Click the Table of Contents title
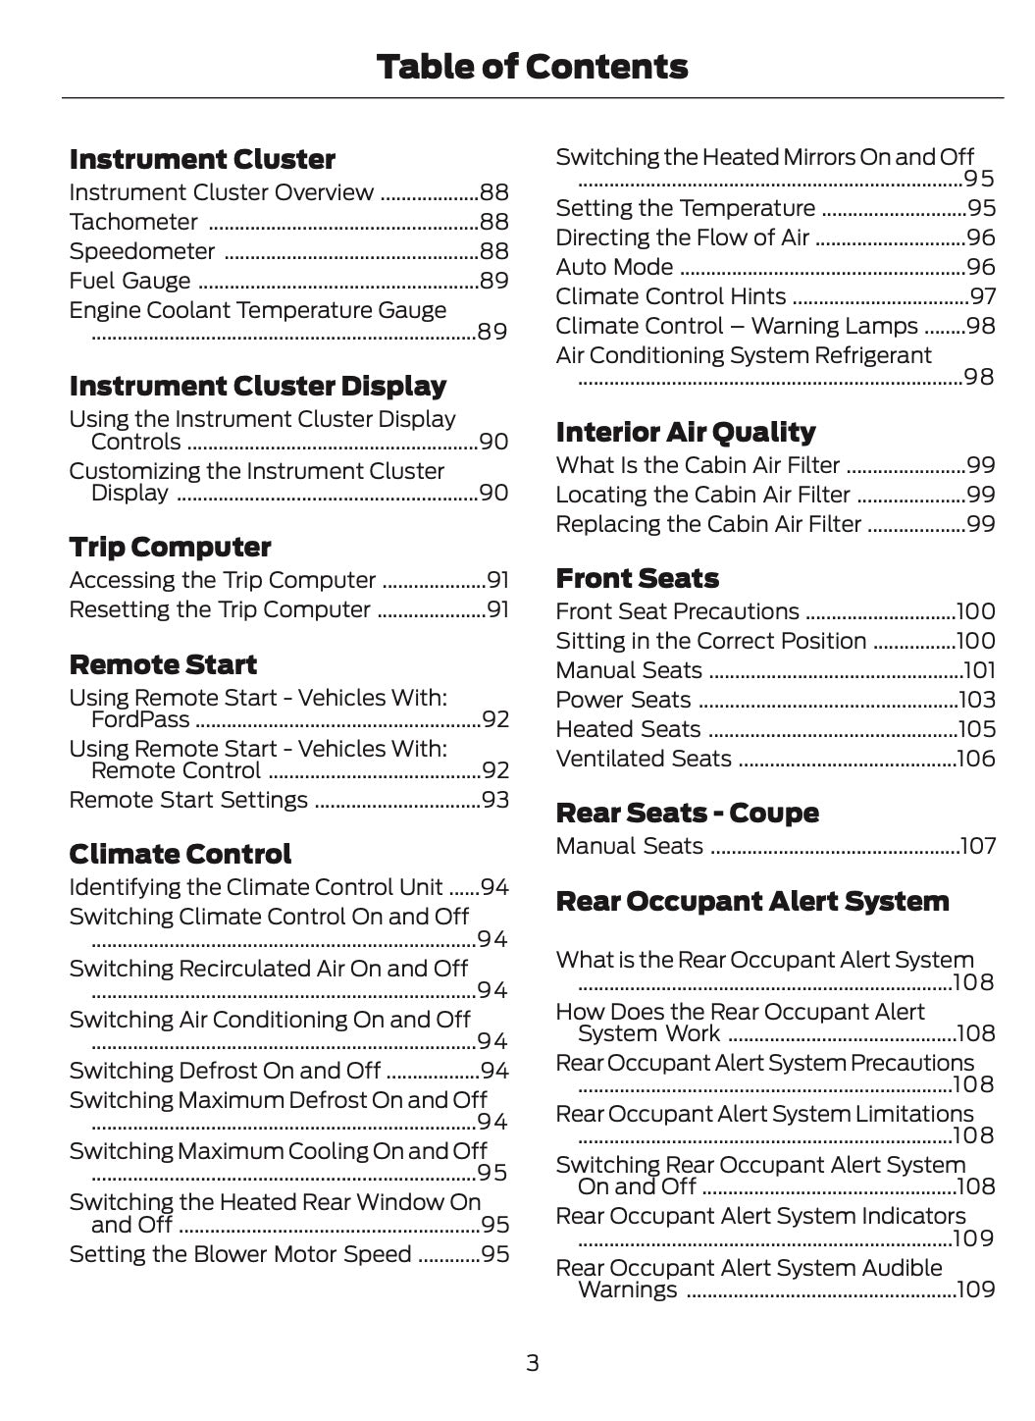(532, 67)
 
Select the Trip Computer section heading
(170, 547)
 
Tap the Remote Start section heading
(163, 664)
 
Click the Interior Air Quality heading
(685, 432)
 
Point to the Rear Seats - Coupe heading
(687, 813)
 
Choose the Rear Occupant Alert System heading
(751, 901)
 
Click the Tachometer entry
(133, 222)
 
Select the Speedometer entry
(142, 251)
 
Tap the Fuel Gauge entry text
(129, 281)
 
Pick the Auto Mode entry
(614, 267)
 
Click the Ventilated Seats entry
(644, 759)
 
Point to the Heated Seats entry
(628, 729)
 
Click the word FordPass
(140, 720)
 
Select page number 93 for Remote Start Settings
(495, 800)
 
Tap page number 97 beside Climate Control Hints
(983, 296)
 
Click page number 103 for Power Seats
(977, 700)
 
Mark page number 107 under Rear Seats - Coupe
(978, 846)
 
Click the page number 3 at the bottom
(532, 1362)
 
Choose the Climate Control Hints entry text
(671, 296)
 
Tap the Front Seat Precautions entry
(677, 611)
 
